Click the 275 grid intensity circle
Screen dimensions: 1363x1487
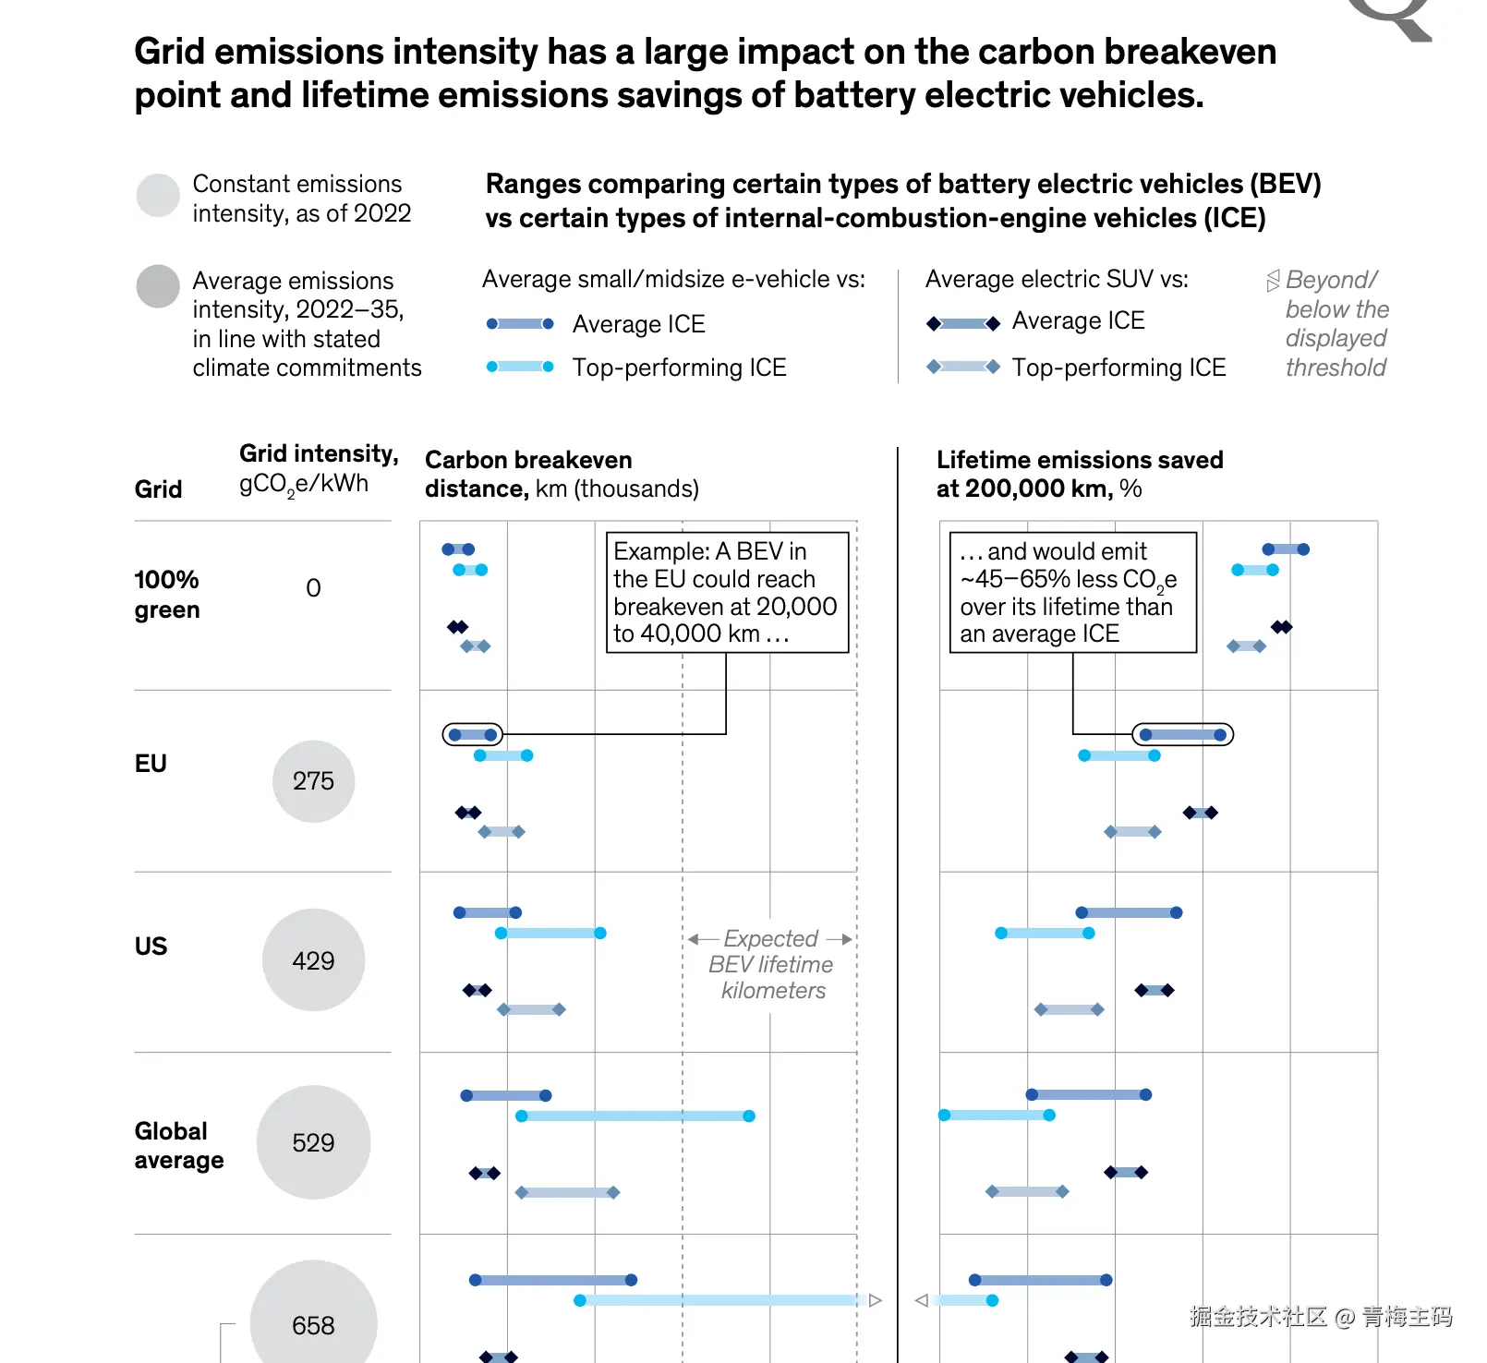pyautogui.click(x=313, y=781)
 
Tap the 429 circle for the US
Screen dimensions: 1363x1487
pyautogui.click(x=313, y=960)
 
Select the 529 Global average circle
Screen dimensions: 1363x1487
pyautogui.click(x=313, y=1142)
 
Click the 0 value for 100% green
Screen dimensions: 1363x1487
pyautogui.click(x=313, y=588)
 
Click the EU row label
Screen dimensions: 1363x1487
pyautogui.click(x=151, y=764)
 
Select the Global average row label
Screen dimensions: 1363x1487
pyautogui.click(x=179, y=1145)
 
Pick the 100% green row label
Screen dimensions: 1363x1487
pyautogui.click(x=167, y=595)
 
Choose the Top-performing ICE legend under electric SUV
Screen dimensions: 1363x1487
pyautogui.click(x=1118, y=368)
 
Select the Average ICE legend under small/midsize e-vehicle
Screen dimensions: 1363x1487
pyautogui.click(x=638, y=324)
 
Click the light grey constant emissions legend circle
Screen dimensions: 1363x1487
pyautogui.click(x=158, y=196)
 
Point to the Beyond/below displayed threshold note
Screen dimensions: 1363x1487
pyautogui.click(x=1335, y=323)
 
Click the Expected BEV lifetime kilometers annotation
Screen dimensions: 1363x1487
pyautogui.click(x=771, y=964)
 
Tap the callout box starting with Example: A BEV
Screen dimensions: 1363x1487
pyautogui.click(x=727, y=592)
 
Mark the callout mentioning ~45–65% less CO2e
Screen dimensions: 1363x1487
pyautogui.click(x=1072, y=592)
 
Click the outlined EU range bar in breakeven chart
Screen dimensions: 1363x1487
pyautogui.click(x=473, y=735)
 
